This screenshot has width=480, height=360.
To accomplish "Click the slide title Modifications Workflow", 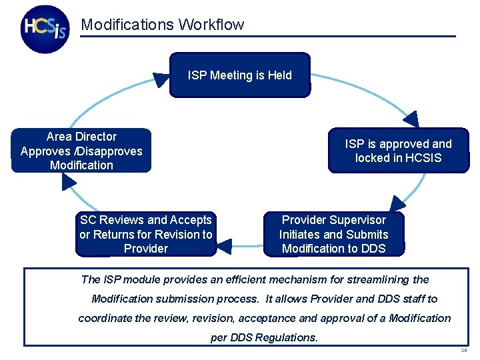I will click(x=162, y=25).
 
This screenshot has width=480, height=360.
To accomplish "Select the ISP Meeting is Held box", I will click(x=240, y=75).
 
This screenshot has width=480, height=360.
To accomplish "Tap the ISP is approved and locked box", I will click(x=398, y=151).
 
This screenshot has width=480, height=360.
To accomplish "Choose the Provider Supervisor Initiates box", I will click(x=333, y=234).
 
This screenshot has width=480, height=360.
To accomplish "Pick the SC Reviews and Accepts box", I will click(x=146, y=234).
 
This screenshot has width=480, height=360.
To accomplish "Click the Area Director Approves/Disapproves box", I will click(x=81, y=151).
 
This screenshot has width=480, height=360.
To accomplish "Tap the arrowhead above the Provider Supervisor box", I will click(x=398, y=204).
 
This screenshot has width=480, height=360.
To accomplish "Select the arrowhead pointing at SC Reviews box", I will click(x=225, y=247).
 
